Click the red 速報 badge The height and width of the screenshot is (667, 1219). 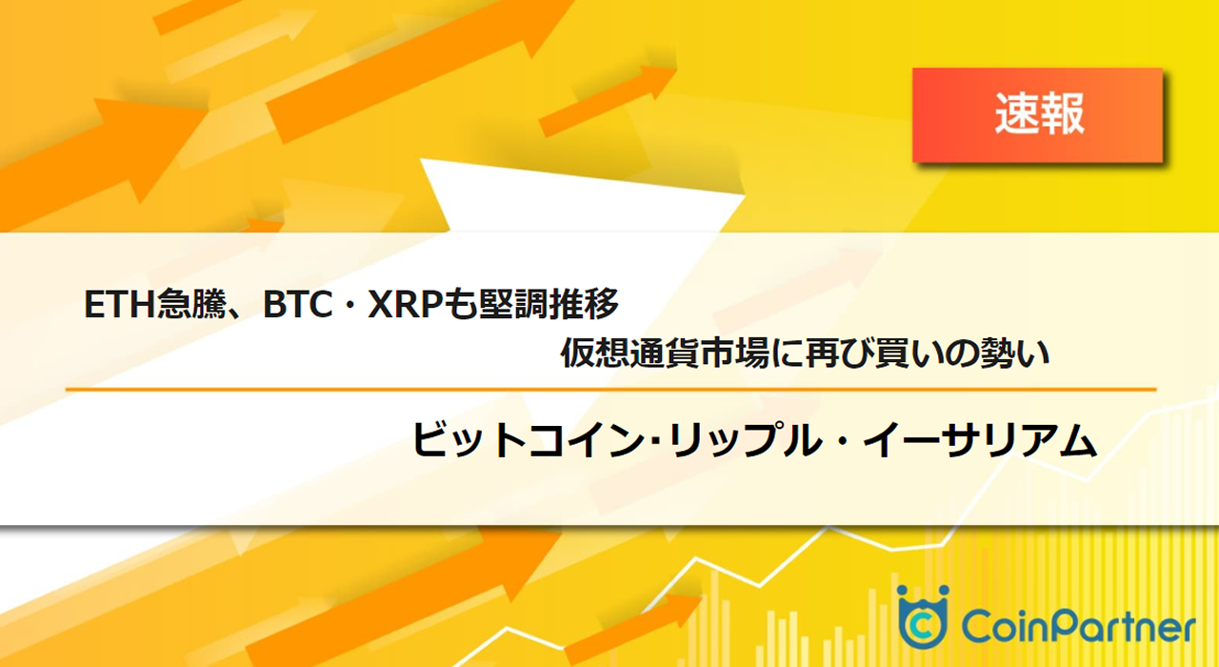click(1038, 115)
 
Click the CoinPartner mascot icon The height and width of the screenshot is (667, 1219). click(922, 616)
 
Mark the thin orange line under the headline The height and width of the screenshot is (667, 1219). click(609, 389)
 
